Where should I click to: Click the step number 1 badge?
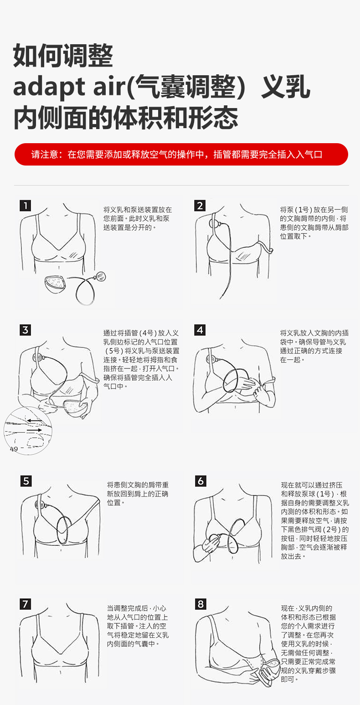(25, 206)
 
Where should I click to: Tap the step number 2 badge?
(200, 206)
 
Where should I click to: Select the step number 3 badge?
(25, 330)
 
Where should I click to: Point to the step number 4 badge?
(200, 330)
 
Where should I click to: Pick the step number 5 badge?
(26, 481)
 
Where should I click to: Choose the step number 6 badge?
(201, 481)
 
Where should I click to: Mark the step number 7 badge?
(25, 604)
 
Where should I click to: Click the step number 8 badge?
(201, 604)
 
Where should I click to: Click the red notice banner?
(181, 154)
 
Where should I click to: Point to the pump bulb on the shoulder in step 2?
(214, 224)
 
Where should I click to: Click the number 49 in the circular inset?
(14, 449)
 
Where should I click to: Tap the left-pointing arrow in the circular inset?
(34, 420)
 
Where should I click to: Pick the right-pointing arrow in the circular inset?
(34, 430)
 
